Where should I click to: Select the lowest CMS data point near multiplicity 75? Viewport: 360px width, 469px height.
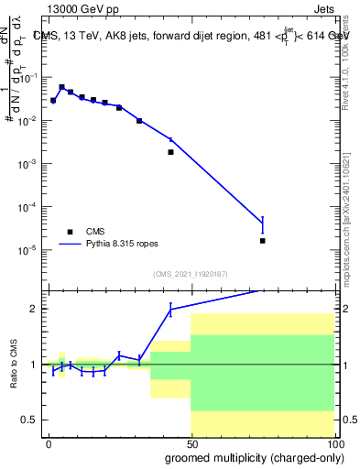pyautogui.click(x=262, y=241)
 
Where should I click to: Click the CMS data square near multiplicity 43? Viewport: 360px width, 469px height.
pyautogui.click(x=170, y=152)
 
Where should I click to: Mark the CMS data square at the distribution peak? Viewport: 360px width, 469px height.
pyautogui.click(x=62, y=87)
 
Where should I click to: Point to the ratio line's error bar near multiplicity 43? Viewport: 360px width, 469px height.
pyautogui.click(x=170, y=311)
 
